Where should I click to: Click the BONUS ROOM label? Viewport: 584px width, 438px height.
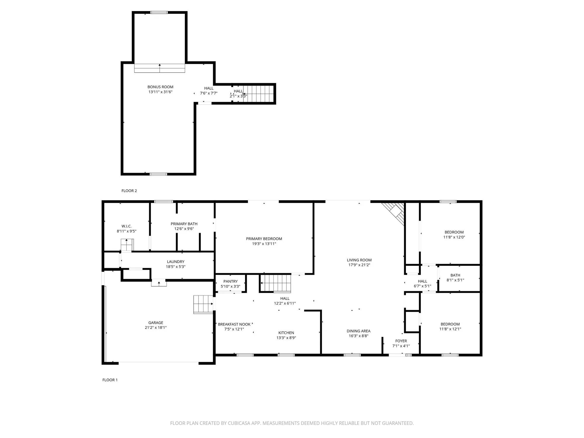pyautogui.click(x=160, y=87)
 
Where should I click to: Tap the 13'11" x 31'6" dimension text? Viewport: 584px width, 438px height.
pyautogui.click(x=160, y=92)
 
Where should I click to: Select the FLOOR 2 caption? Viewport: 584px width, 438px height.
pyautogui.click(x=129, y=191)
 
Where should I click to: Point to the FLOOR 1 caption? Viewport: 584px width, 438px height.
pyautogui.click(x=110, y=380)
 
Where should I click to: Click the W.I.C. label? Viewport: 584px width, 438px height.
pyautogui.click(x=126, y=226)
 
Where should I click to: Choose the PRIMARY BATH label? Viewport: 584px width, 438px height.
pyautogui.click(x=184, y=224)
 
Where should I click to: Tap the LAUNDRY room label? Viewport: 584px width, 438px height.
pyautogui.click(x=175, y=262)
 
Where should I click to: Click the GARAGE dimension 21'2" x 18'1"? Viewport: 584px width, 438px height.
pyautogui.click(x=156, y=328)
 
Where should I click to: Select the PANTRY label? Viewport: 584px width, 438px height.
pyautogui.click(x=230, y=281)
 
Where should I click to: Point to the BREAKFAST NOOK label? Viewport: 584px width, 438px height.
pyautogui.click(x=234, y=324)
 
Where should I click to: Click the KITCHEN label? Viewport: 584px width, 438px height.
pyautogui.click(x=286, y=333)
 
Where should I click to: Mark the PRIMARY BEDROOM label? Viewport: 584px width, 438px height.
pyautogui.click(x=264, y=239)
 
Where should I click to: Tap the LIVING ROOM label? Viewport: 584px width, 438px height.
pyautogui.click(x=359, y=260)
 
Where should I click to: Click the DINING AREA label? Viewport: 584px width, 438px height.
pyautogui.click(x=359, y=331)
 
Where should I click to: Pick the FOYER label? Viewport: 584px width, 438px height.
pyautogui.click(x=401, y=341)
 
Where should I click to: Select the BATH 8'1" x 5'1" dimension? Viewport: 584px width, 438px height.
pyautogui.click(x=455, y=280)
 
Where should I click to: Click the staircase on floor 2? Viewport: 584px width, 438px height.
pyautogui.click(x=258, y=93)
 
